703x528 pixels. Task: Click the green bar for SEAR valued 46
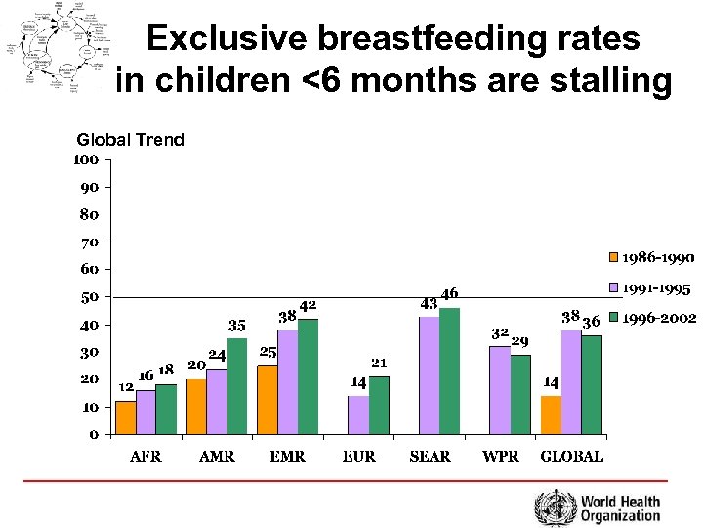tap(449, 371)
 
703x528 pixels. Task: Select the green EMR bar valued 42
tap(308, 375)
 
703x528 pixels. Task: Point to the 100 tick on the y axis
tap(87, 158)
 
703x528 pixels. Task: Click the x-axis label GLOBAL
tap(571, 457)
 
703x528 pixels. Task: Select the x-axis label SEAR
tap(430, 457)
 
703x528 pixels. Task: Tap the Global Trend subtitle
tap(130, 140)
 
